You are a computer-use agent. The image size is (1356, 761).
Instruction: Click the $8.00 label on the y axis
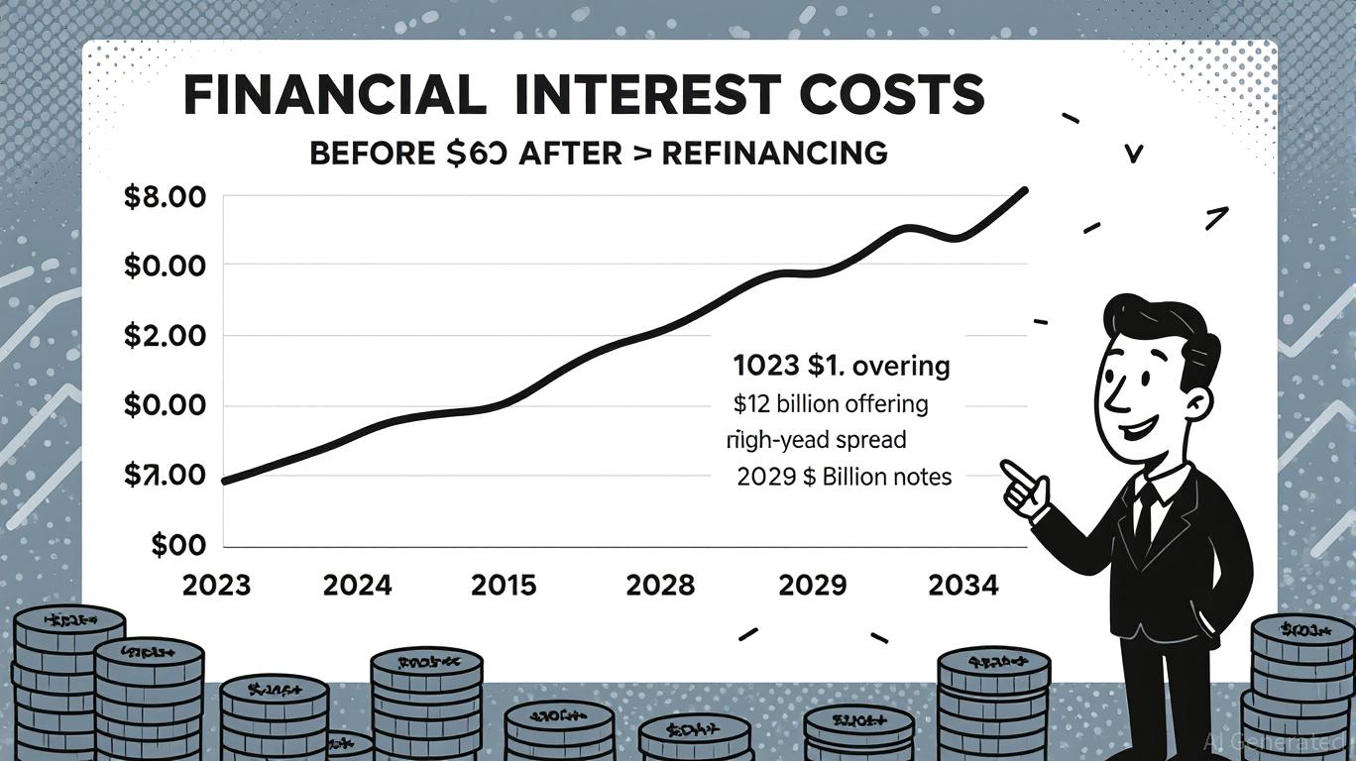pos(165,197)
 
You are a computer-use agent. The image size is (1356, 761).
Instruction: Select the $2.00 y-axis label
pos(165,336)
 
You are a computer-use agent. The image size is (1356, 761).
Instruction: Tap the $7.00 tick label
pos(165,476)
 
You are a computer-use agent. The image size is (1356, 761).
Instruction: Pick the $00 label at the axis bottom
pos(178,546)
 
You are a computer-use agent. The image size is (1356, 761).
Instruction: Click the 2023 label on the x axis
pos(217,586)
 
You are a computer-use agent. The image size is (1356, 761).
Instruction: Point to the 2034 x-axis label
pos(962,586)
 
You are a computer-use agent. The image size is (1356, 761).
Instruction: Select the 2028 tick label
pos(660,586)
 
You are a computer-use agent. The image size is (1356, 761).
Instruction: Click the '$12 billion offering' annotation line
pos(831,404)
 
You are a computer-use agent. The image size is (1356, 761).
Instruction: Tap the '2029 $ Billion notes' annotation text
pos(844,477)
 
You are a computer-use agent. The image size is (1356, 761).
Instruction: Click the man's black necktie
pos(1143,515)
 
